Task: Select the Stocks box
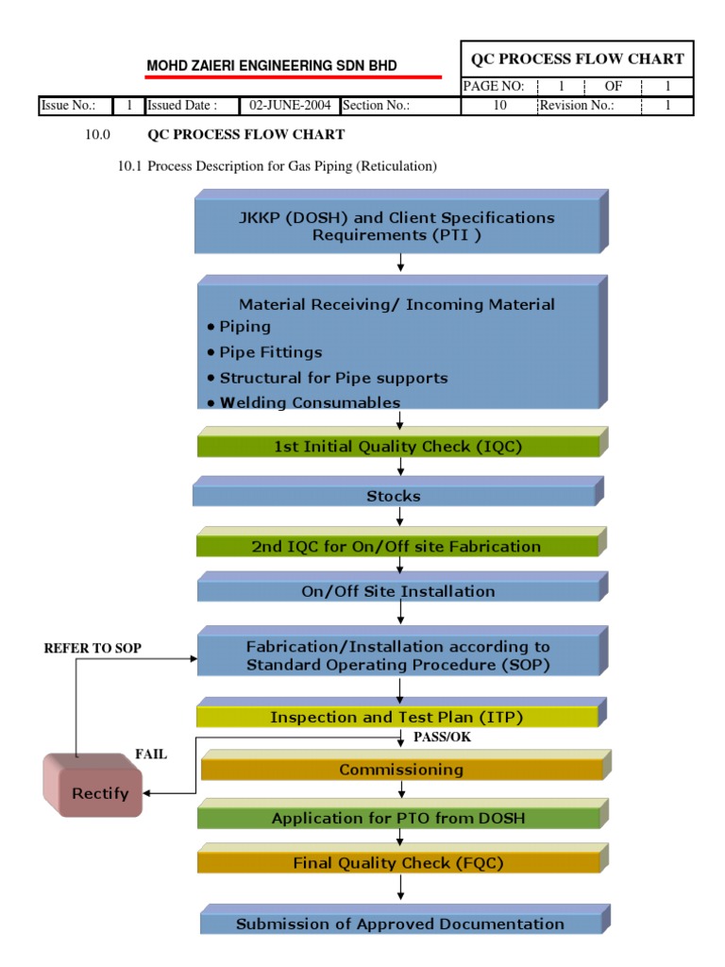[395, 496]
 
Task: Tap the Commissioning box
[401, 770]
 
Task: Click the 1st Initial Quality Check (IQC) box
[397, 447]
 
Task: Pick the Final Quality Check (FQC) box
[397, 862]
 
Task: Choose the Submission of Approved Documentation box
[400, 924]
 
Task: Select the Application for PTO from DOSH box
[397, 818]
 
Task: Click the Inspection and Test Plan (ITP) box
[396, 717]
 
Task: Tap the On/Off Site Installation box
[397, 591]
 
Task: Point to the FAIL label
[151, 755]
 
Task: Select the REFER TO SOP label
[93, 649]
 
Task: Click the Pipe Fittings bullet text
[271, 352]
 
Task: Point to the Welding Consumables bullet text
[310, 402]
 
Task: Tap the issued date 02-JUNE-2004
[289, 106]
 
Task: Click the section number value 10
[499, 106]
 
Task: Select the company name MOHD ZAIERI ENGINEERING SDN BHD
[271, 66]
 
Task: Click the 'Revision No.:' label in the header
[576, 106]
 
